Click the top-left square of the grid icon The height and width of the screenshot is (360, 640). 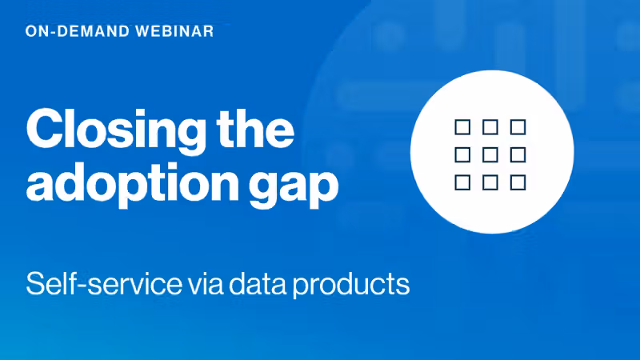coord(462,126)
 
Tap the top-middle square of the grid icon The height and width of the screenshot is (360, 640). coord(490,126)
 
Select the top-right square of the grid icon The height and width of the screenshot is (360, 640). coord(518,126)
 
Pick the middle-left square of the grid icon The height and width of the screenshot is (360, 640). coord(462,154)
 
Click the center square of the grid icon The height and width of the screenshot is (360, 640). coord(490,154)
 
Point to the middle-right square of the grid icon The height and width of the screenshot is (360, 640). coord(518,154)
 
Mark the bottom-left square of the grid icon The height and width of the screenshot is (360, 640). coord(462,182)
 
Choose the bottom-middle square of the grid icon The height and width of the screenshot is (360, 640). coord(490,182)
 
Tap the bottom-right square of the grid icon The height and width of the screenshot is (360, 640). coord(518,182)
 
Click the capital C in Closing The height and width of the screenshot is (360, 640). coord(45,128)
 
